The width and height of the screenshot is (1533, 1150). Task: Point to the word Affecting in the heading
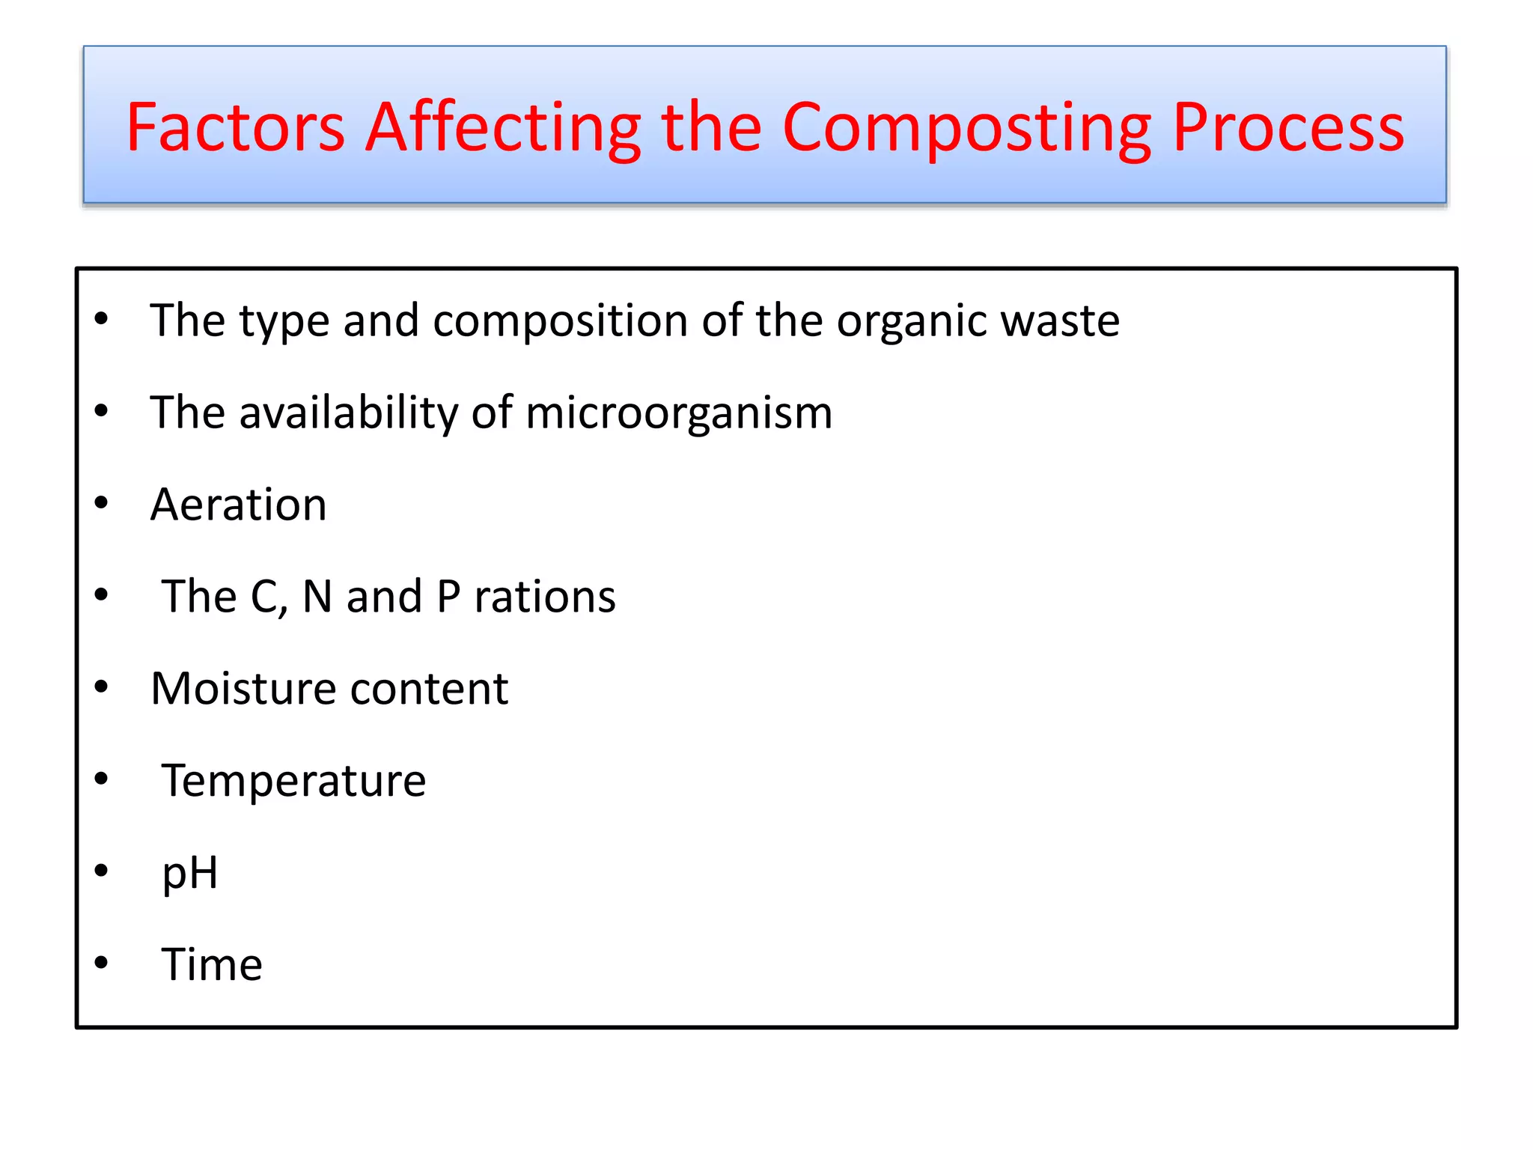tap(502, 129)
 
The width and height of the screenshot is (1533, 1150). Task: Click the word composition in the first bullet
tap(560, 322)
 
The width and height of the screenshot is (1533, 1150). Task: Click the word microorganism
tap(678, 414)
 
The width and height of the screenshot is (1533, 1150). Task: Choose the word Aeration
tap(238, 505)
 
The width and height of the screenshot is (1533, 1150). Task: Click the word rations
tap(545, 597)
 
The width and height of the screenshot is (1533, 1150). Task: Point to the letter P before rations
tap(448, 597)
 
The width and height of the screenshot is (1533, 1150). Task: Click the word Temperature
tap(293, 781)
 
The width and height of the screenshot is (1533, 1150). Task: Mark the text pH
tap(190, 874)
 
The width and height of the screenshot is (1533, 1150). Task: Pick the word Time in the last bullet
tap(212, 964)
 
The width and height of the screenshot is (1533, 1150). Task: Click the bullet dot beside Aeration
tap(101, 503)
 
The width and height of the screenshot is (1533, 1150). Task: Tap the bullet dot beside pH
tap(101, 871)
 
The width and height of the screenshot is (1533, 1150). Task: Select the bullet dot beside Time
tap(101, 963)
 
